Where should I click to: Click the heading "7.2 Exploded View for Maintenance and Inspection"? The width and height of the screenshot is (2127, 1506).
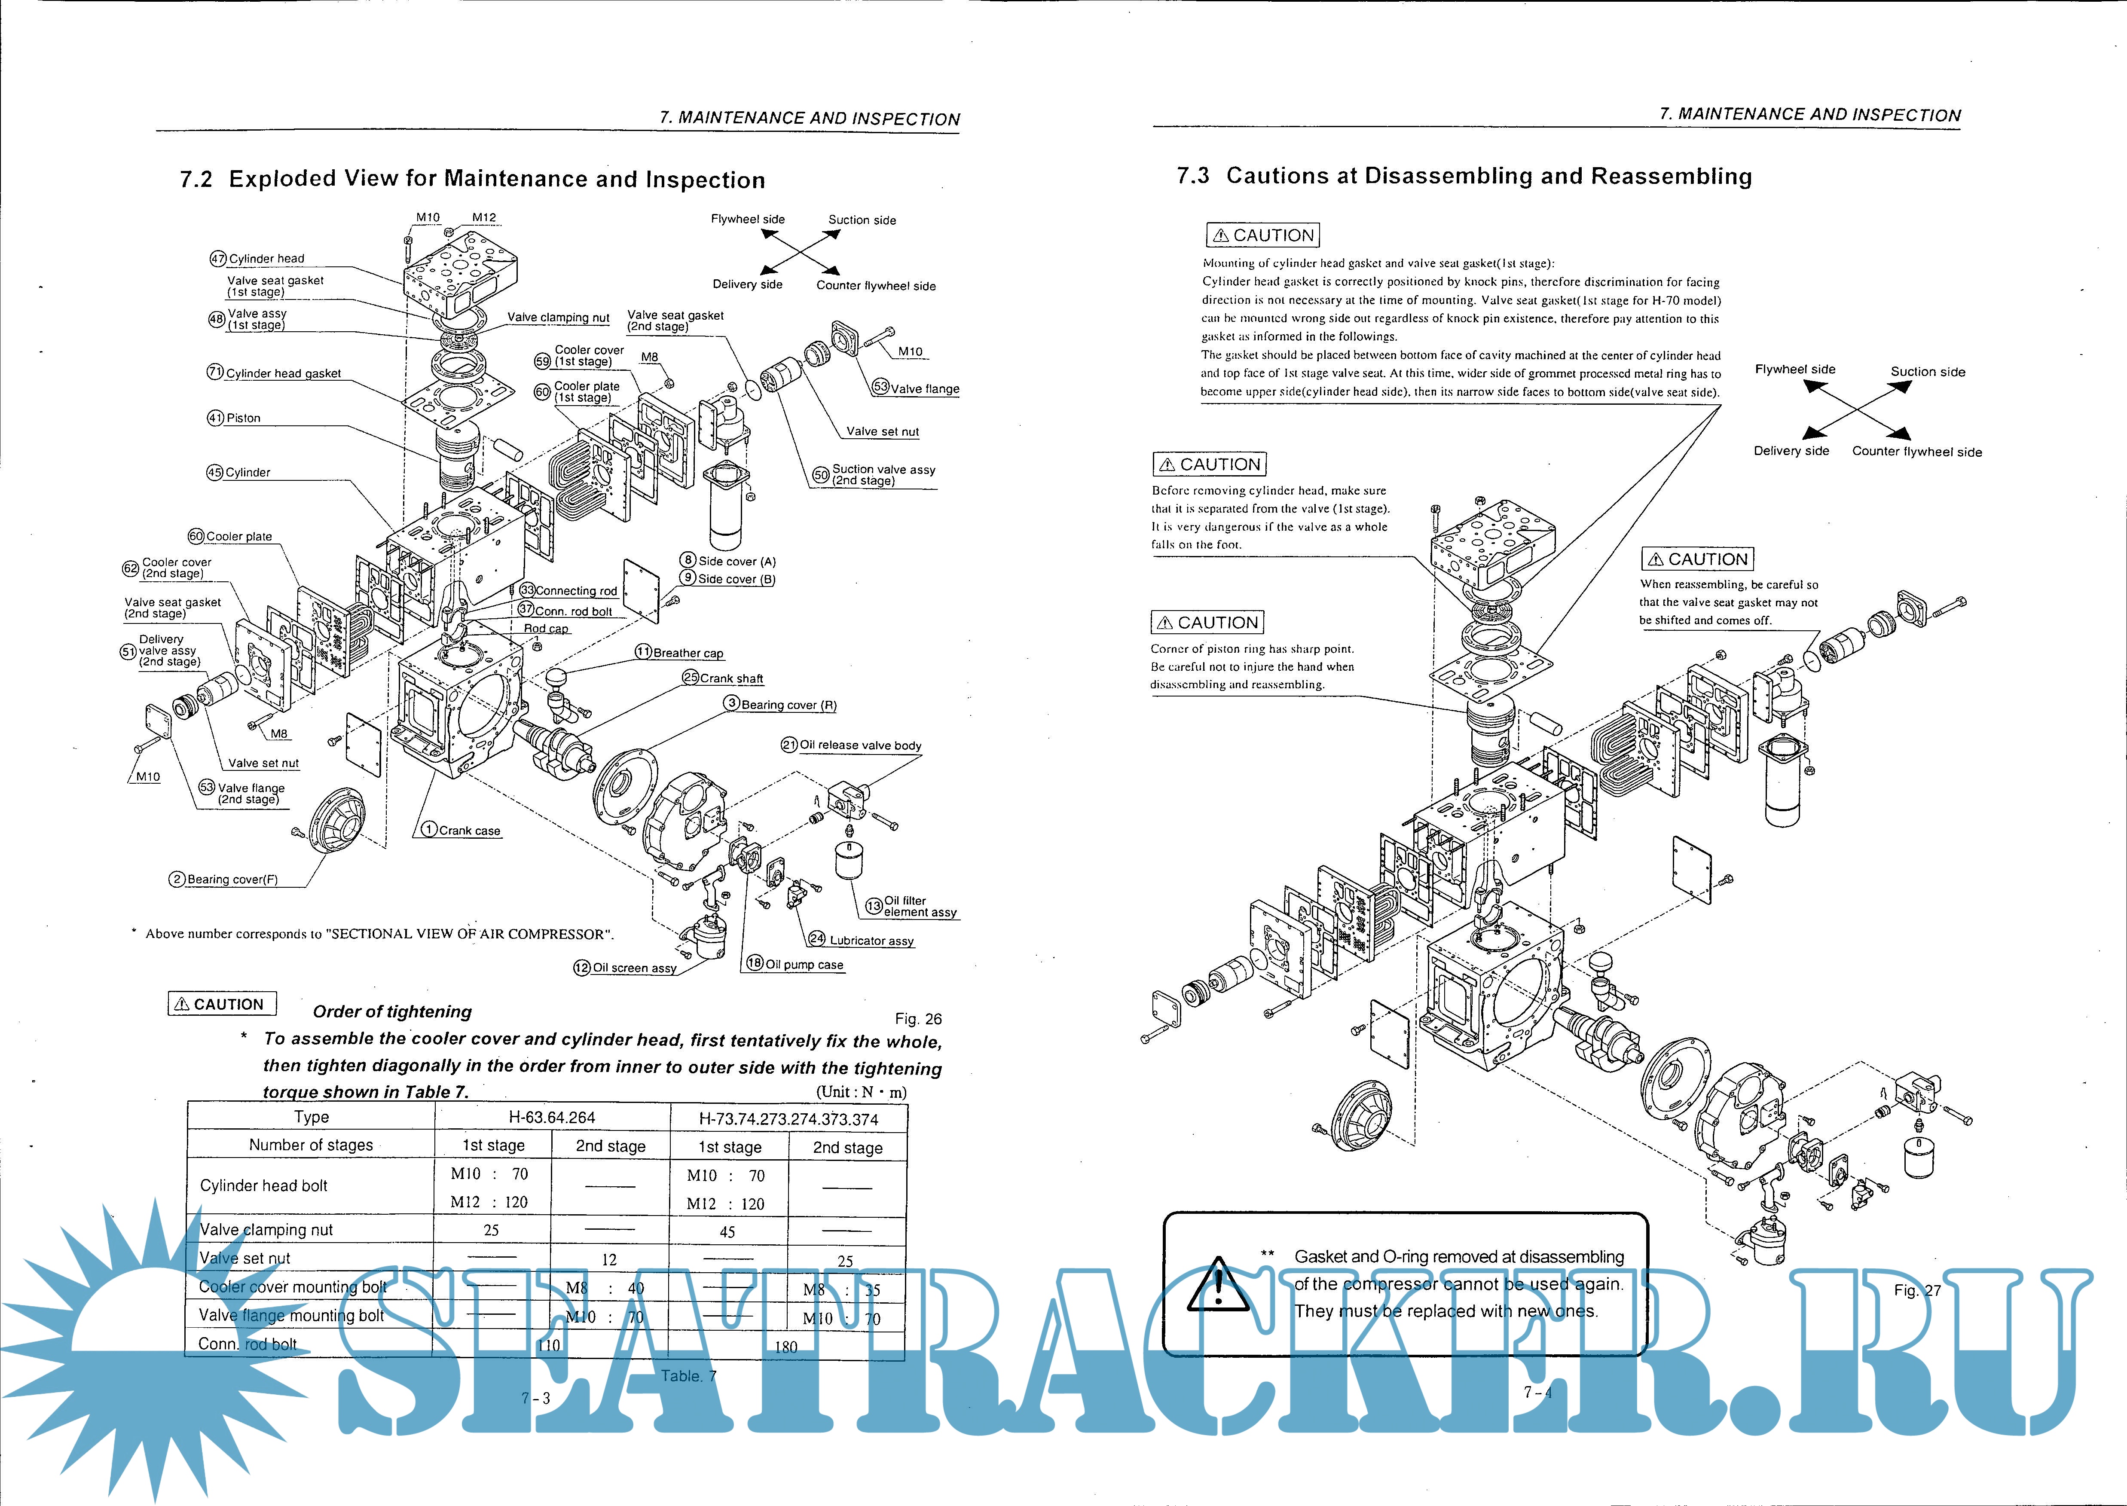click(473, 179)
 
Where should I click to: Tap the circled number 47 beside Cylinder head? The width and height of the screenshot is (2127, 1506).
click(218, 259)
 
